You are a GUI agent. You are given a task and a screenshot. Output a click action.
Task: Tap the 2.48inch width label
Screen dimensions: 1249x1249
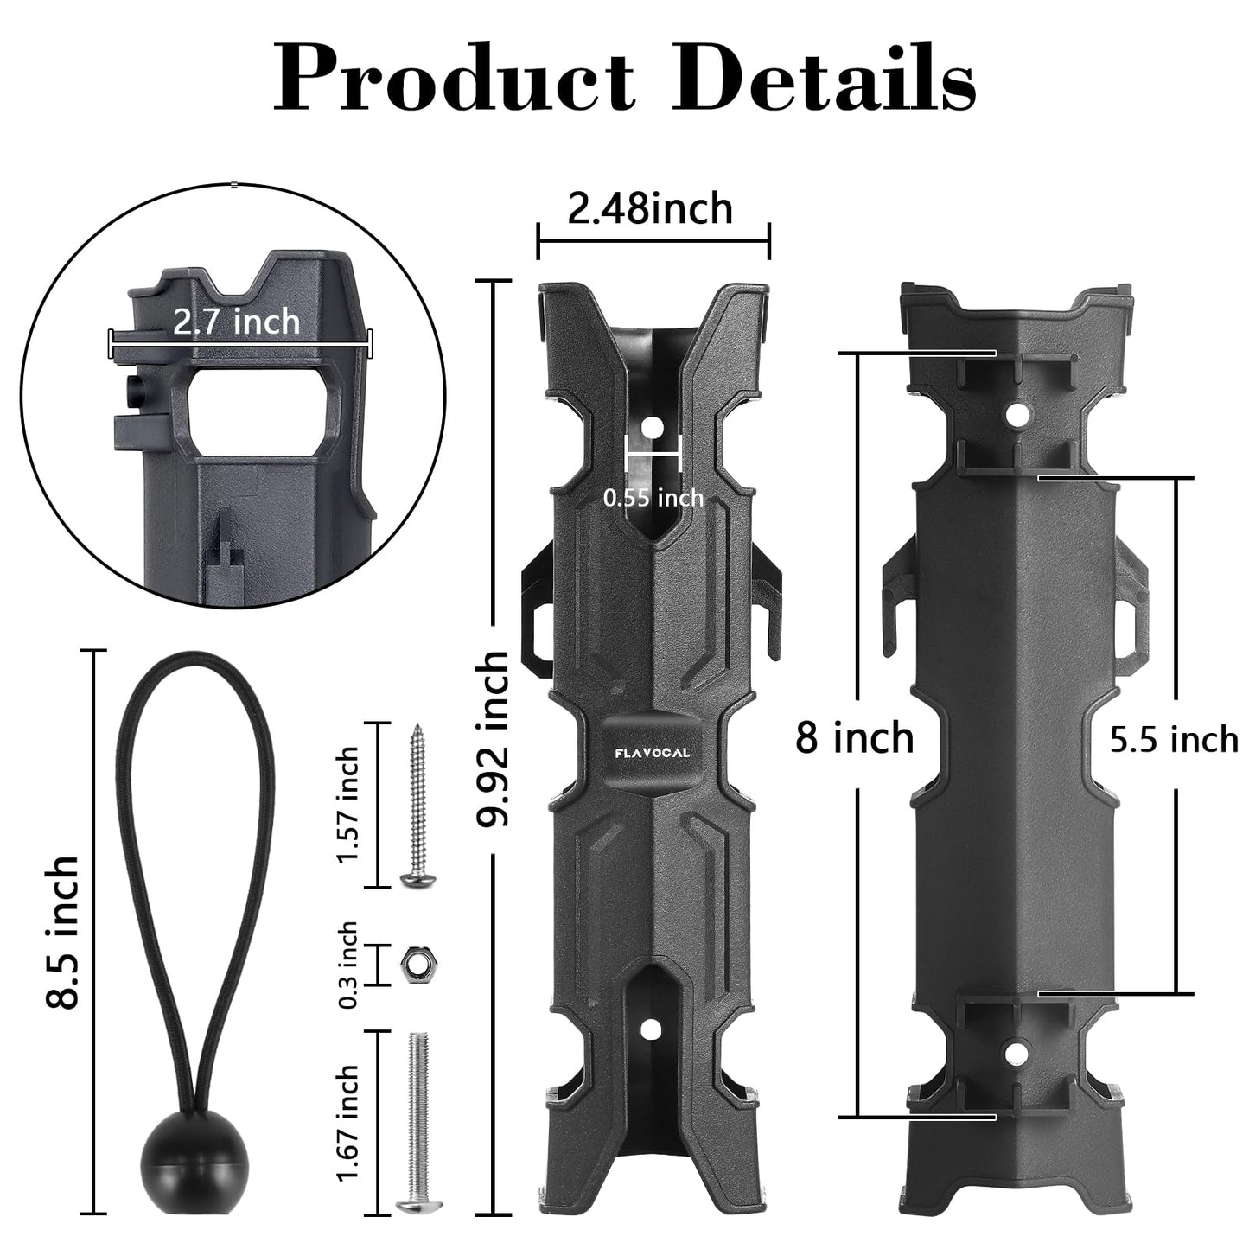tap(650, 209)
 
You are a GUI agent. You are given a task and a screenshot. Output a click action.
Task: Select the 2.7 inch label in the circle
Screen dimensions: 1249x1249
tap(236, 322)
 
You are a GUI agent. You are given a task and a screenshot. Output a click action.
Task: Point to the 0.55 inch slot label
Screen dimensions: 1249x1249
tap(653, 498)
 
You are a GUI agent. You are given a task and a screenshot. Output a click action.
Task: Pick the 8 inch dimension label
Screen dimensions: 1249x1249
tap(854, 738)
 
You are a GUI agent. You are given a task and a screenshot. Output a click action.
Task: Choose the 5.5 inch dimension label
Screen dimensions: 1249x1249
tap(1174, 740)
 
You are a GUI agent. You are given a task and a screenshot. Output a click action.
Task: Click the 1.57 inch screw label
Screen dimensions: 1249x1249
tap(348, 805)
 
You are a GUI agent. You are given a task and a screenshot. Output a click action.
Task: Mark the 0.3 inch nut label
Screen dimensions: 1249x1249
tap(348, 965)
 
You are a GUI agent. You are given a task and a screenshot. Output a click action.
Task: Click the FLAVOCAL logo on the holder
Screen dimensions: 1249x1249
tap(653, 753)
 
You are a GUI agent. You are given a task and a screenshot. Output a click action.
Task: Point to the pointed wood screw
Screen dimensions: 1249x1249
tap(419, 804)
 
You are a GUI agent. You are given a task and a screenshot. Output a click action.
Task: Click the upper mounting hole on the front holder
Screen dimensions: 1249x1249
tap(653, 428)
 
